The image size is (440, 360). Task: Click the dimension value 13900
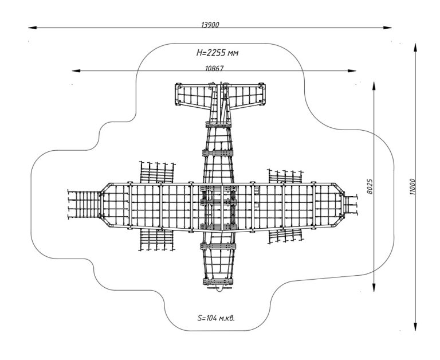click(x=210, y=25)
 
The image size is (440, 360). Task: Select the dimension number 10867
click(x=214, y=68)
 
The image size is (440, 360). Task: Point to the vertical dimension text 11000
click(x=411, y=186)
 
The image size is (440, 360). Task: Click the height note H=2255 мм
click(x=217, y=53)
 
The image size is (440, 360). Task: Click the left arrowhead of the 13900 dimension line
click(x=32, y=27)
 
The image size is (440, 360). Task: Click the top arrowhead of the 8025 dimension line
click(x=374, y=84)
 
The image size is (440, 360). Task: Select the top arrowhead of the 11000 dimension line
click(x=415, y=45)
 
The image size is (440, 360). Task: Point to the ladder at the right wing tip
click(x=349, y=204)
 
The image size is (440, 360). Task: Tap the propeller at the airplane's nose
click(x=218, y=289)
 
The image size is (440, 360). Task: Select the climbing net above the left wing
click(x=157, y=171)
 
